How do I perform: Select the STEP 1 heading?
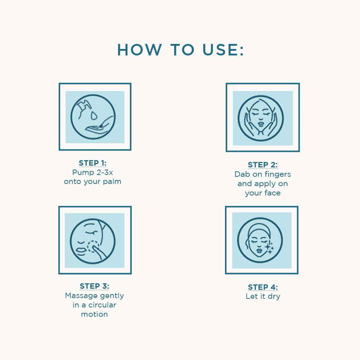[93, 163]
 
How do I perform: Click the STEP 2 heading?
[263, 165]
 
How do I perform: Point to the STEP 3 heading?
[94, 286]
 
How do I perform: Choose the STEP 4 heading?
[263, 287]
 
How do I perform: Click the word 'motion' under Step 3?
[94, 314]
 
